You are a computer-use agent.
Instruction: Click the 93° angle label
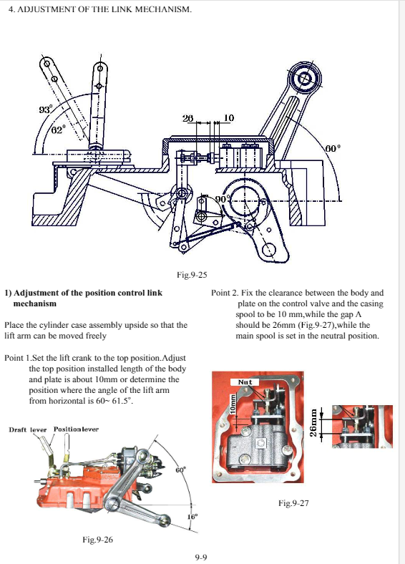tap(46, 109)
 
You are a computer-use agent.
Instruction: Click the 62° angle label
tap(58, 129)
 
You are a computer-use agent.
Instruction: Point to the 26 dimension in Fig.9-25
tap(187, 118)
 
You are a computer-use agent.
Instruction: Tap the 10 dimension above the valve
tap(229, 118)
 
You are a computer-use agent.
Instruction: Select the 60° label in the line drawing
tap(333, 148)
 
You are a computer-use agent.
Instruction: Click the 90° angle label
tap(223, 200)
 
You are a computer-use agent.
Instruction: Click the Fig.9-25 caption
tap(192, 275)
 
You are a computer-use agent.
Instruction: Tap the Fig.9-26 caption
tap(97, 540)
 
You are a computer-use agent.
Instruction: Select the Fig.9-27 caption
tap(293, 503)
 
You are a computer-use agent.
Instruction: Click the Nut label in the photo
tap(245, 382)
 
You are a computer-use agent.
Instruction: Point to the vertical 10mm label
tap(233, 404)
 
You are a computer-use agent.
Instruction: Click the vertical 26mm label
tap(313, 422)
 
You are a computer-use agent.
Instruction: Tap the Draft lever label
tap(28, 429)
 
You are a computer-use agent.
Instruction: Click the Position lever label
tap(76, 429)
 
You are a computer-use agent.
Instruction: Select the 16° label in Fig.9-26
tap(192, 517)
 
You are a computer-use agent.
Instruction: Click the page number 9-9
tap(201, 557)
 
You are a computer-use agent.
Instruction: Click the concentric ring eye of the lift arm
tap(306, 78)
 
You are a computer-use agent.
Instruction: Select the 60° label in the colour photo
tap(181, 470)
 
